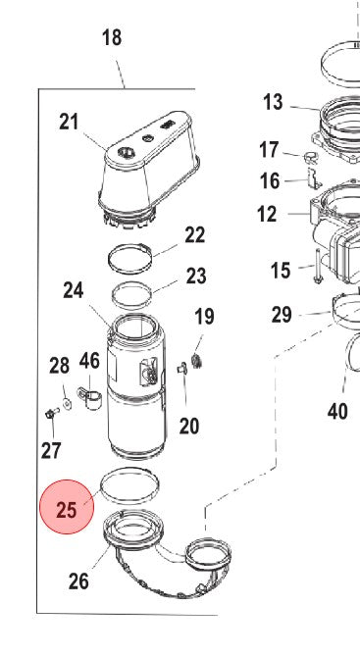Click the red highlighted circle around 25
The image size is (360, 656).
pyautogui.click(x=67, y=507)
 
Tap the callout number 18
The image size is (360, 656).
pyautogui.click(x=112, y=37)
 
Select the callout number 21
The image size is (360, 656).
pyautogui.click(x=69, y=123)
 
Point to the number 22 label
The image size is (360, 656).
pyautogui.click(x=195, y=235)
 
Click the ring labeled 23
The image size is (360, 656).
pyautogui.click(x=131, y=296)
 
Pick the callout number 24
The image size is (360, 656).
pyautogui.click(x=74, y=290)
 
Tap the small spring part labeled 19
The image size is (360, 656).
pyautogui.click(x=196, y=361)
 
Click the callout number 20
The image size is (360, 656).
pyautogui.click(x=189, y=427)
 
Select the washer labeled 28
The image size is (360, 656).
pyautogui.click(x=67, y=403)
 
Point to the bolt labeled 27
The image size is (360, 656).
pyautogui.click(x=51, y=413)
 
